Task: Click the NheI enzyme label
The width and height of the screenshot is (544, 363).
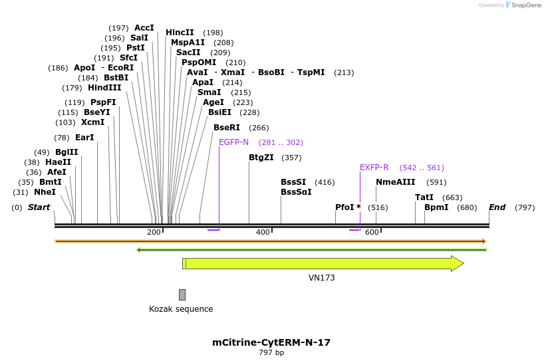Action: pyautogui.click(x=45, y=192)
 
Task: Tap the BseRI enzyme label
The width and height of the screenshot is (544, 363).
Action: pyautogui.click(x=226, y=128)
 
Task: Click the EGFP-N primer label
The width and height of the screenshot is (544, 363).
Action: pyautogui.click(x=233, y=142)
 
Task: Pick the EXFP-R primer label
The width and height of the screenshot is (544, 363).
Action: pyautogui.click(x=374, y=168)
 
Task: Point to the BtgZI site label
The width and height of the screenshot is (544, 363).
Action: pyautogui.click(x=261, y=158)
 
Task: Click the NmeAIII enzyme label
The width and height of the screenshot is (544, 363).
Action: pyautogui.click(x=395, y=182)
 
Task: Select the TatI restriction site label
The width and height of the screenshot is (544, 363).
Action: pyautogui.click(x=424, y=197)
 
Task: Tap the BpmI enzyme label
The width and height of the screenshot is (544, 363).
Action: pyautogui.click(x=436, y=207)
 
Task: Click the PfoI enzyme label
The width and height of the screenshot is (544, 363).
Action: pyautogui.click(x=344, y=207)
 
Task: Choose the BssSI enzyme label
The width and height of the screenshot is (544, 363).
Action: pyautogui.click(x=293, y=182)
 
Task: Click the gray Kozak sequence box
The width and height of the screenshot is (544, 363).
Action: pyautogui.click(x=182, y=295)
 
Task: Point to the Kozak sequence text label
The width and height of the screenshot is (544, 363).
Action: pyautogui.click(x=181, y=309)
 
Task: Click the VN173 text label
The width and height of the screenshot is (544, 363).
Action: pyautogui.click(x=322, y=278)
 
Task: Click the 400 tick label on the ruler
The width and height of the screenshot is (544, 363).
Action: pyautogui.click(x=263, y=232)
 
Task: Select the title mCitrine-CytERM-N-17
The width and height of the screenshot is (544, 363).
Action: pyautogui.click(x=271, y=342)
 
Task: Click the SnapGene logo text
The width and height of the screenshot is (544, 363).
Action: pyautogui.click(x=525, y=5)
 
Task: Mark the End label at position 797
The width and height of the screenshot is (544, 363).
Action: pyautogui.click(x=497, y=207)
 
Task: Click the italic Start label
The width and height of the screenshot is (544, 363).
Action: pyautogui.click(x=39, y=207)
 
